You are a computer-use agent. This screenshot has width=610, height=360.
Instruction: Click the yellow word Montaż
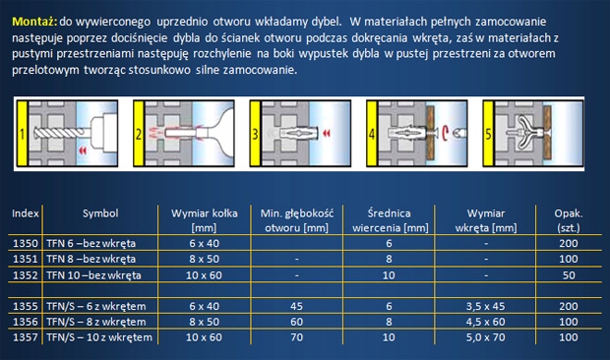34,22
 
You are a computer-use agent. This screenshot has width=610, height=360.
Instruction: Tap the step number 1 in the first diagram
23,135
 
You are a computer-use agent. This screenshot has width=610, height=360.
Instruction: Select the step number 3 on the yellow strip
255,135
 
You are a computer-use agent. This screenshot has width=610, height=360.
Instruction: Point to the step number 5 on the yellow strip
488,135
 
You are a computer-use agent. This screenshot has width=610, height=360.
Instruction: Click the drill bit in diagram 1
60,134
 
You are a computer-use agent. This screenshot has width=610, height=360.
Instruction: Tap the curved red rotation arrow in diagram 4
445,134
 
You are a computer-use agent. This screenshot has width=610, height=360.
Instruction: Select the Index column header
26,213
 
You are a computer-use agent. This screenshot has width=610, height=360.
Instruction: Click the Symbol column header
100,213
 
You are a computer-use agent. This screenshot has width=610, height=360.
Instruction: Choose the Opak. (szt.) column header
569,220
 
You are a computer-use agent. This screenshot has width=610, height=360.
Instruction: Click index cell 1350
26,243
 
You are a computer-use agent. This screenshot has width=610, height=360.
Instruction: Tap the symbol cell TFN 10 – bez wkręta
93,275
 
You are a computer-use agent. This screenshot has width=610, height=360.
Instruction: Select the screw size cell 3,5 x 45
485,306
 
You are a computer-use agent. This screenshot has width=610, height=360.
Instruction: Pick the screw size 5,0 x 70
485,337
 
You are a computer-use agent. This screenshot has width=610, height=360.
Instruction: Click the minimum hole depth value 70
297,337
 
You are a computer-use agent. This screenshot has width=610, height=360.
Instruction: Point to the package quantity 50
569,275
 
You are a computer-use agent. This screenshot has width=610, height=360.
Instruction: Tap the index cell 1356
26,322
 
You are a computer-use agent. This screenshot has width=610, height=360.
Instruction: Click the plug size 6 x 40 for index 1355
205,306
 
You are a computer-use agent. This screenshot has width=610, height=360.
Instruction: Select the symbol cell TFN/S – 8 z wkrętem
96,322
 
